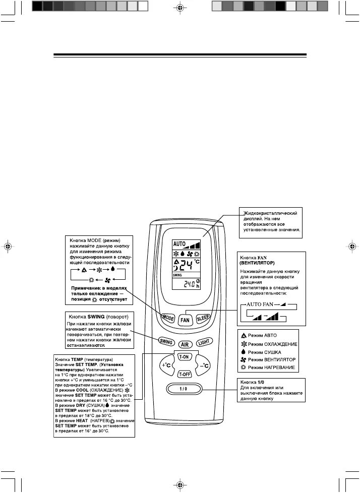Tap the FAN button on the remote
(186, 320)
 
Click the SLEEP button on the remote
(203, 318)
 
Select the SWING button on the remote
(166, 341)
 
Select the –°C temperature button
(203, 365)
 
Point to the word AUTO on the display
(179, 242)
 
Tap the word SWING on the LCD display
(177, 276)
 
